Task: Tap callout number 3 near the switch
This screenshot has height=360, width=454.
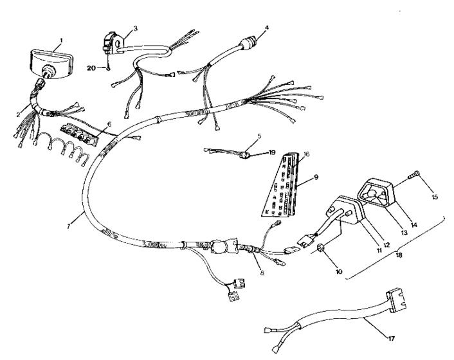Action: click(135, 28)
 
